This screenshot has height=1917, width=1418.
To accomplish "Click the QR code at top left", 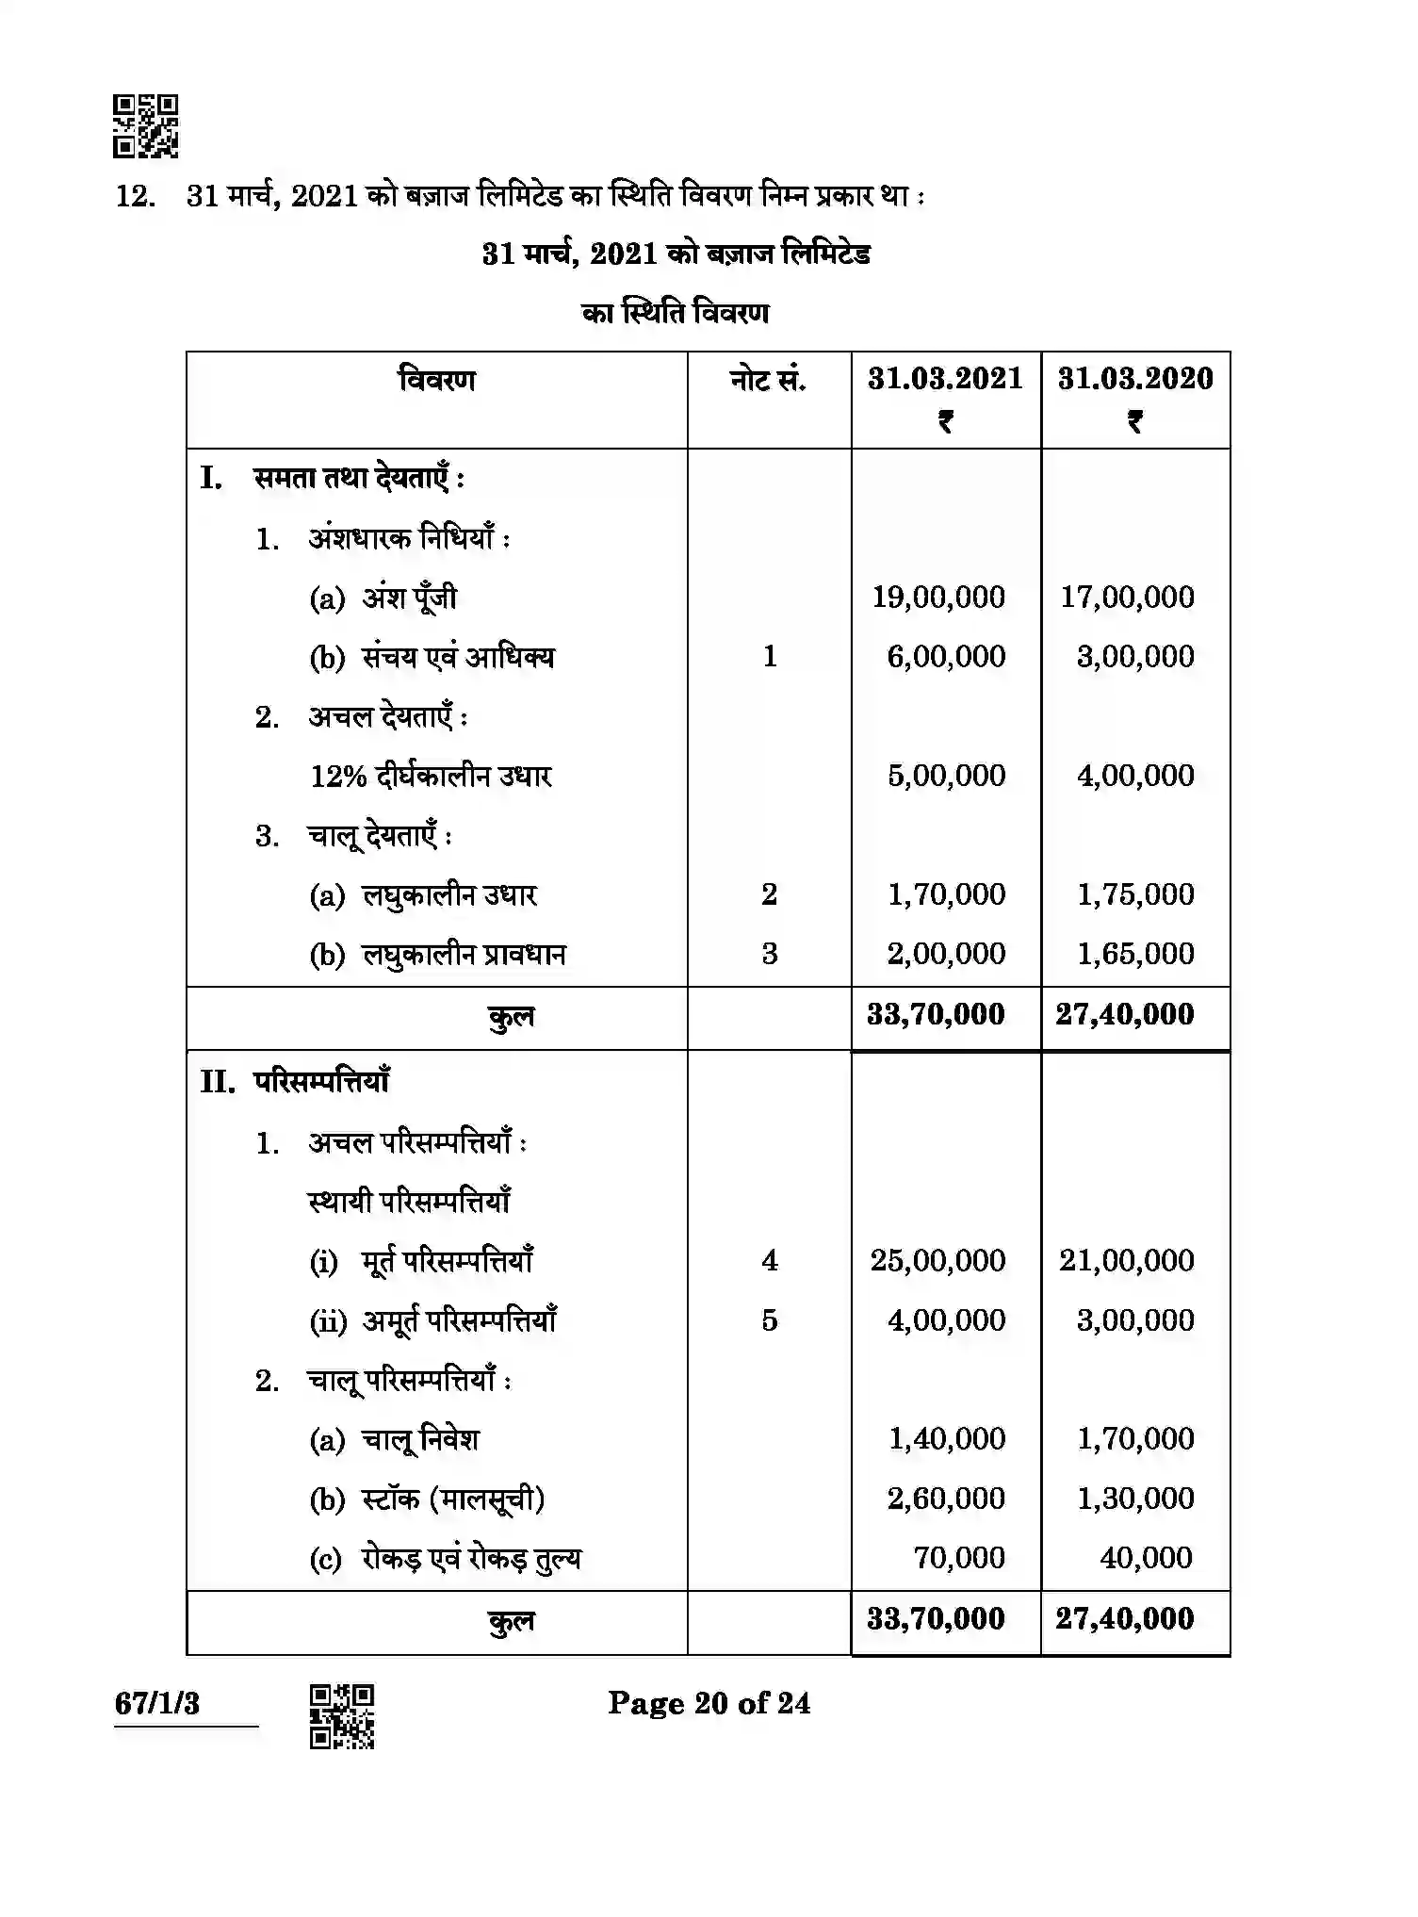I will point(145,125).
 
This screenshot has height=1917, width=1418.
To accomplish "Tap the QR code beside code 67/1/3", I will point(342,1716).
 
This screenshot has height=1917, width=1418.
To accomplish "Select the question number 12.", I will point(134,197).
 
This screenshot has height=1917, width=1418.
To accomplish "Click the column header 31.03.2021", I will point(945,379).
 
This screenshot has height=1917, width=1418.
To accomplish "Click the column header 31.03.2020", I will point(1135,379).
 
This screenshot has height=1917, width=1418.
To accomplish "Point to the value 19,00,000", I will point(938,597).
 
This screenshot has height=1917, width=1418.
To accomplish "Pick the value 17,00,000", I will point(1127,597).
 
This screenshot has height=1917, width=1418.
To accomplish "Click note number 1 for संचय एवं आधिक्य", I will point(769,657).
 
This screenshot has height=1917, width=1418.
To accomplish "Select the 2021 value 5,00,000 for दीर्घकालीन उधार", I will point(946,776).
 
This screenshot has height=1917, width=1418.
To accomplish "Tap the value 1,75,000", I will point(1135,894).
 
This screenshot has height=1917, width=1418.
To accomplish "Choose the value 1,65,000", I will point(1135,954).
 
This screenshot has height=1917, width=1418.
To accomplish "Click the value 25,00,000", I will point(937,1261).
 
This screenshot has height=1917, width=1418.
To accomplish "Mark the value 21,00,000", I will point(1127,1261).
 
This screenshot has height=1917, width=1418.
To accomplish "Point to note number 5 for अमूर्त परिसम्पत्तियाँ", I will point(769,1320).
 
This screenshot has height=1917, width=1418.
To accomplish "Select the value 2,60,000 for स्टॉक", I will point(946,1499).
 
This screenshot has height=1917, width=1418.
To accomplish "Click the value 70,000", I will point(958,1558).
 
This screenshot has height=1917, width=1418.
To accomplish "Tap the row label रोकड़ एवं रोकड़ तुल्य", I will point(471,1559).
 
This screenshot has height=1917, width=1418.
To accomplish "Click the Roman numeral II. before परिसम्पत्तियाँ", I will point(218,1082).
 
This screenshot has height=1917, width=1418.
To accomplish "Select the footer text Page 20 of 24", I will point(709,1703).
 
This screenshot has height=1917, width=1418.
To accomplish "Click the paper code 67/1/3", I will point(157,1704).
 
